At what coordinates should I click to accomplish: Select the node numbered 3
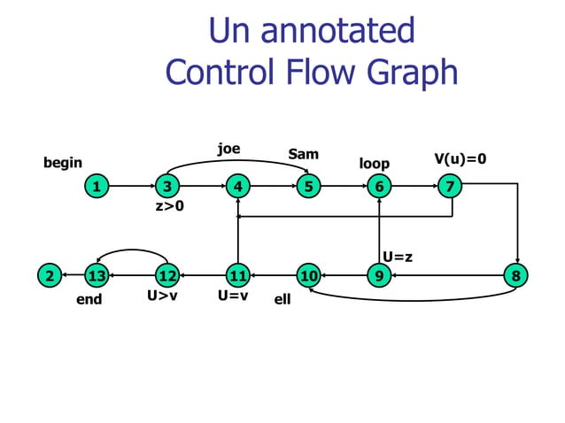pyautogui.click(x=166, y=187)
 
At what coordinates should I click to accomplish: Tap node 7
pyautogui.click(x=449, y=187)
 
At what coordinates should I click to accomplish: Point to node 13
pyautogui.click(x=97, y=275)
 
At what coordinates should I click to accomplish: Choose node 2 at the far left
pyautogui.click(x=50, y=275)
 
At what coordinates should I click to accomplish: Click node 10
pyautogui.click(x=307, y=275)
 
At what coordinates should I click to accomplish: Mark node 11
pyautogui.click(x=236, y=275)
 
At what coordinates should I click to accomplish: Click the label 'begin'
pyautogui.click(x=63, y=163)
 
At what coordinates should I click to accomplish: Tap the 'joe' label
pyautogui.click(x=229, y=149)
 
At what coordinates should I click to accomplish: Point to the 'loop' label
pyautogui.click(x=374, y=164)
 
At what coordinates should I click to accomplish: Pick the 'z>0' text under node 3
pyautogui.click(x=169, y=207)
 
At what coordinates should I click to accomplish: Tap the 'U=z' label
pyautogui.click(x=398, y=257)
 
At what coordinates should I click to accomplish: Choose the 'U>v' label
pyautogui.click(x=162, y=296)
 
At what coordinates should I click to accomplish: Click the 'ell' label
pyautogui.click(x=282, y=300)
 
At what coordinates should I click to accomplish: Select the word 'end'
pyautogui.click(x=89, y=299)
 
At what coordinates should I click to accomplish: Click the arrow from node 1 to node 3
pyautogui.click(x=131, y=187)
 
